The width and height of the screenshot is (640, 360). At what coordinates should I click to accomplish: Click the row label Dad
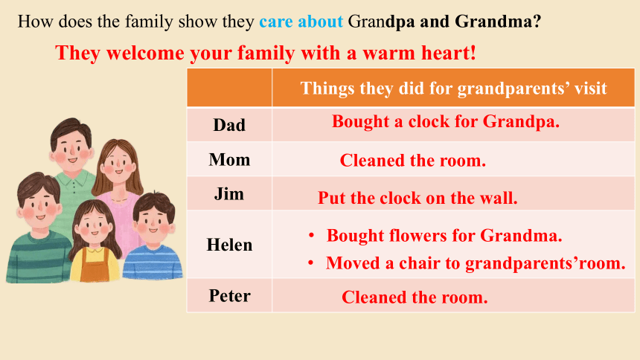tap(229, 125)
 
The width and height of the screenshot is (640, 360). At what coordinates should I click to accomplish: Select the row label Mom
tap(229, 160)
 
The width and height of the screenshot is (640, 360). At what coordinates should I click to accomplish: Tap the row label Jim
tap(229, 194)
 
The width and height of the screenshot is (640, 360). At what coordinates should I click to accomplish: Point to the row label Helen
tap(229, 245)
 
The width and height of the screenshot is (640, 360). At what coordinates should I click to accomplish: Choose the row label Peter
tap(229, 296)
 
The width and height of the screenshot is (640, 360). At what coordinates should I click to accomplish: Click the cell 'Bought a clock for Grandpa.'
tap(445, 122)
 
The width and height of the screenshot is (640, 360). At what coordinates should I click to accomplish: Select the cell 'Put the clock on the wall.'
tap(417, 198)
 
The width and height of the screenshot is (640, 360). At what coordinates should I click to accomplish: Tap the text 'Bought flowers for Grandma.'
tap(444, 236)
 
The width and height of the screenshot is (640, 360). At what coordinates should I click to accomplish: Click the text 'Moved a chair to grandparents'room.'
tap(476, 263)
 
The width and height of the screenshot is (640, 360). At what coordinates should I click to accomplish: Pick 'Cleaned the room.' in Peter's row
tap(415, 298)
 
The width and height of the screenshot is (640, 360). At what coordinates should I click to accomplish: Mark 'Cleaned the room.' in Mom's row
tap(413, 161)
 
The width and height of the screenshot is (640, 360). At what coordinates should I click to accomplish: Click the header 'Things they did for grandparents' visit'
tap(453, 89)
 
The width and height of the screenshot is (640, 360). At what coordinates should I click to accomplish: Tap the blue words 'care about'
tap(301, 22)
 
